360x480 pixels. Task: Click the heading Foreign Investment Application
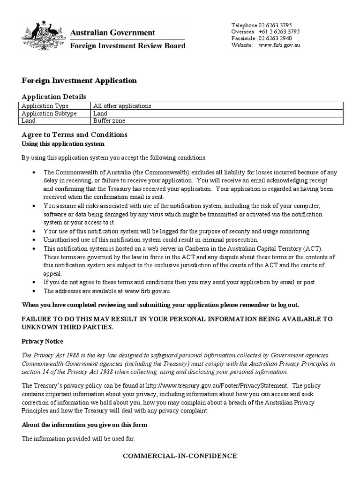click(x=79, y=81)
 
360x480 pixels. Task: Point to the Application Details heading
click(x=54, y=97)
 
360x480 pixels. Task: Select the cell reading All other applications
click(x=122, y=106)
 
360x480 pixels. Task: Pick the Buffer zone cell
click(x=109, y=120)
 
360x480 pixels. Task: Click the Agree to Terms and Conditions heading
click(x=75, y=135)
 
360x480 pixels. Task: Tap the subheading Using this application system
click(x=63, y=143)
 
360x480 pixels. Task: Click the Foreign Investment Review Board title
click(x=127, y=46)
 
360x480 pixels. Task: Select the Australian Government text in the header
click(x=112, y=32)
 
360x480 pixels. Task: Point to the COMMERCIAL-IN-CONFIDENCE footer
click(x=180, y=456)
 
